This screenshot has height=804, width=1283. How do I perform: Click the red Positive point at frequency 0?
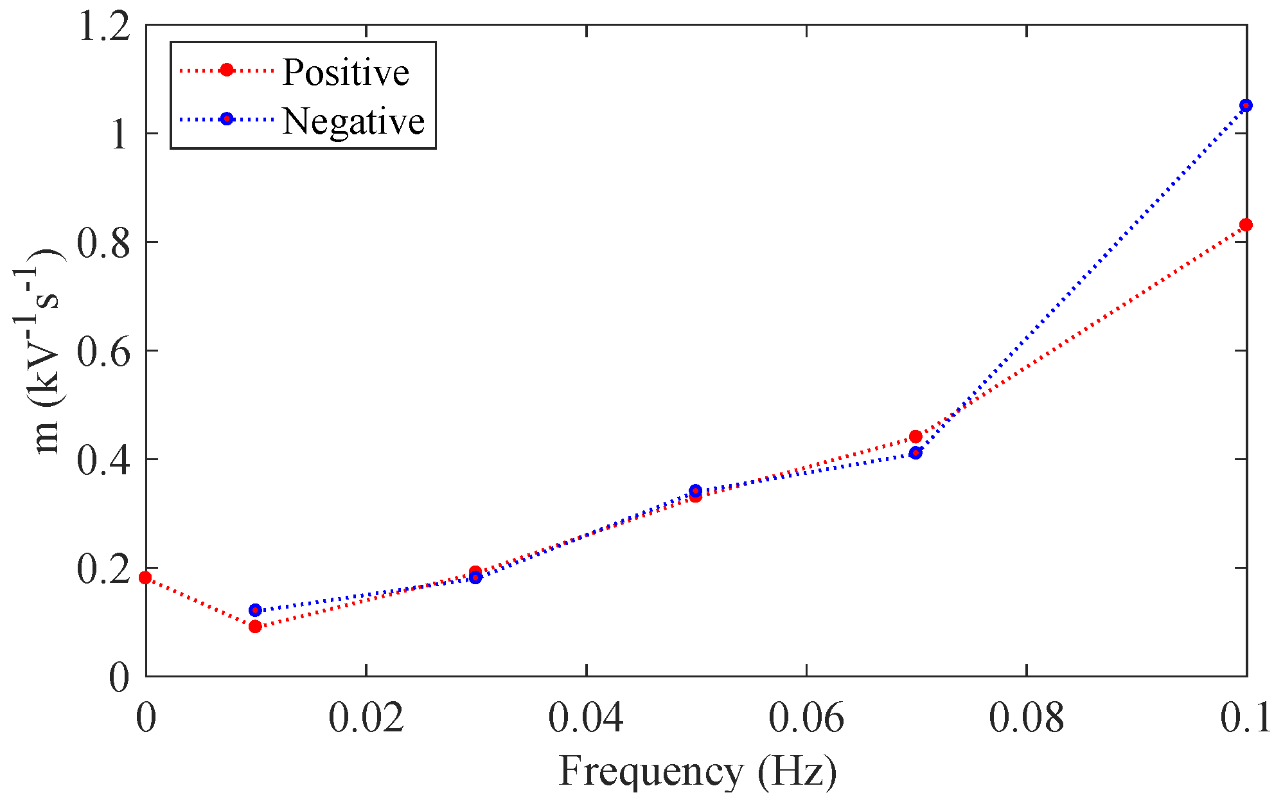[146, 578]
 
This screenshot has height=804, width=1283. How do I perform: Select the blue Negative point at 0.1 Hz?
[1246, 105]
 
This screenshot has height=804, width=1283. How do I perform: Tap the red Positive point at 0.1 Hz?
[1246, 225]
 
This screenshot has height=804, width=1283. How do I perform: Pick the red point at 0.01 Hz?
[255, 626]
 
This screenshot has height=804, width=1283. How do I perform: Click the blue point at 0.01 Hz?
[255, 610]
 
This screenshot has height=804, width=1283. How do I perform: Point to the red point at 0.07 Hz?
[916, 437]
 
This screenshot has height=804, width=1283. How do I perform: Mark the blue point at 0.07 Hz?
[916, 453]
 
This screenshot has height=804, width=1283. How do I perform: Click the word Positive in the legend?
[346, 71]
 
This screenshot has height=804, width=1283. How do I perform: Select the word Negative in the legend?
[353, 120]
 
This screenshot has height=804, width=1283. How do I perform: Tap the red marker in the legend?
[226, 70]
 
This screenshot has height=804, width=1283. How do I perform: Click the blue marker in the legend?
[226, 119]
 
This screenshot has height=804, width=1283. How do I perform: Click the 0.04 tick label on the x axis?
[585, 719]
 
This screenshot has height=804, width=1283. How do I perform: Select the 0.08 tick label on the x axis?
[1026, 719]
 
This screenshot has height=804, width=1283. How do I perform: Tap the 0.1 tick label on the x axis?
[1245, 719]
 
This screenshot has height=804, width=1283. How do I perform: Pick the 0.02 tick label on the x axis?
[366, 719]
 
